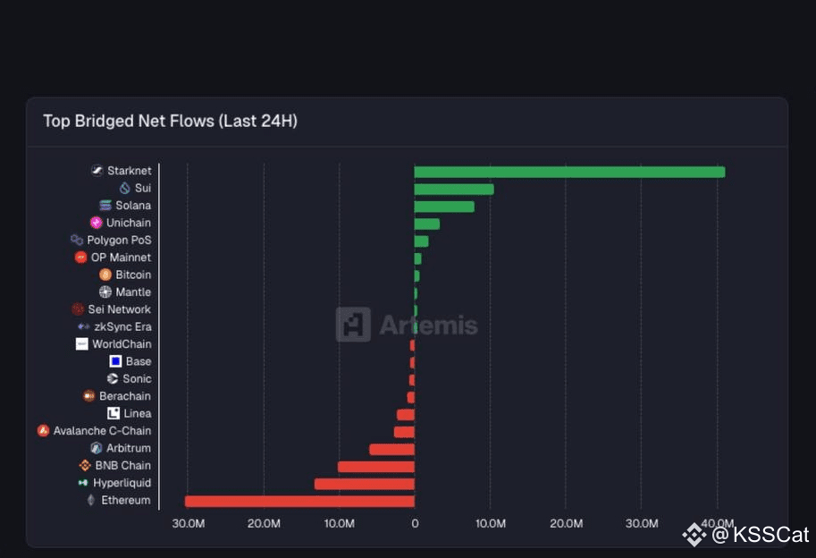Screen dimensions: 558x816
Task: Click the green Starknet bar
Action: [x=568, y=172]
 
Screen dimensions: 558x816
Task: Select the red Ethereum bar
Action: [x=299, y=501]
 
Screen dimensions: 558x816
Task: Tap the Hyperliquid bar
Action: [x=365, y=484]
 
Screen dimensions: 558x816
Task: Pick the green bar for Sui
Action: [x=453, y=189]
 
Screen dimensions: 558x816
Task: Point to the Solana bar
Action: [x=443, y=207]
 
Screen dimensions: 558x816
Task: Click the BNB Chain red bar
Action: [x=376, y=466]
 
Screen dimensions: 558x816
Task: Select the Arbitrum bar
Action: [x=391, y=449]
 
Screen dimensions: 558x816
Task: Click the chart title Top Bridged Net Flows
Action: [x=170, y=121]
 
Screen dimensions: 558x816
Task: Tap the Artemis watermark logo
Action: [x=352, y=325]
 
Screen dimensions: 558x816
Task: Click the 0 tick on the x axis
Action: [x=414, y=522]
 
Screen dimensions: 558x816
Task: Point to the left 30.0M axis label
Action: [x=188, y=522]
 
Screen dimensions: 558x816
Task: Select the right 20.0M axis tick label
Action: [x=566, y=522]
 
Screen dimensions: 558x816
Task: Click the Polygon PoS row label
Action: [x=119, y=241]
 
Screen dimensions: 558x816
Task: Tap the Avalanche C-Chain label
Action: [x=102, y=431]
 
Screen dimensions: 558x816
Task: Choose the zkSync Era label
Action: [x=122, y=327]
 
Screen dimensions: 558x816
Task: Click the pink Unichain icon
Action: [x=97, y=223]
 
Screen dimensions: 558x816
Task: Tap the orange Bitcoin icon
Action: [x=105, y=275]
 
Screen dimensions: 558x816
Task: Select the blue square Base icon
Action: [x=115, y=361]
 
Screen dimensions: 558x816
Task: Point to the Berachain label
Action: [x=124, y=396]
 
